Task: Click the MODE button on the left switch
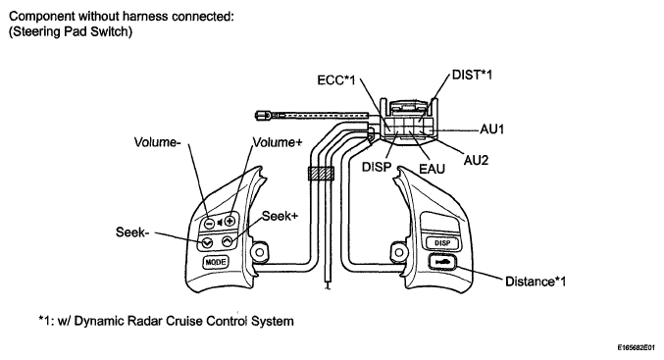click(215, 262)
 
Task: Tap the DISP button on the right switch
click(441, 243)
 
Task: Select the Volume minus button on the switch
click(209, 223)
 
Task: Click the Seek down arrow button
click(206, 243)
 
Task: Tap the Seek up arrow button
click(228, 242)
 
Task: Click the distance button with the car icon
click(442, 262)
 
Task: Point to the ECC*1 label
click(336, 80)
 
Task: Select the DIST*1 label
click(472, 75)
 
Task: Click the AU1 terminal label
click(492, 129)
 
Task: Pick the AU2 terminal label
click(476, 160)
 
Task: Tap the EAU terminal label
click(432, 169)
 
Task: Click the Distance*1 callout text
click(536, 282)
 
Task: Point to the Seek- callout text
click(132, 232)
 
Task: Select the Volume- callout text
click(158, 142)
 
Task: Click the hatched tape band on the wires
click(321, 174)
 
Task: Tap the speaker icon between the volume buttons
click(220, 222)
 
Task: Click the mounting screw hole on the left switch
click(260, 252)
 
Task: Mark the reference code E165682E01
click(637, 347)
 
